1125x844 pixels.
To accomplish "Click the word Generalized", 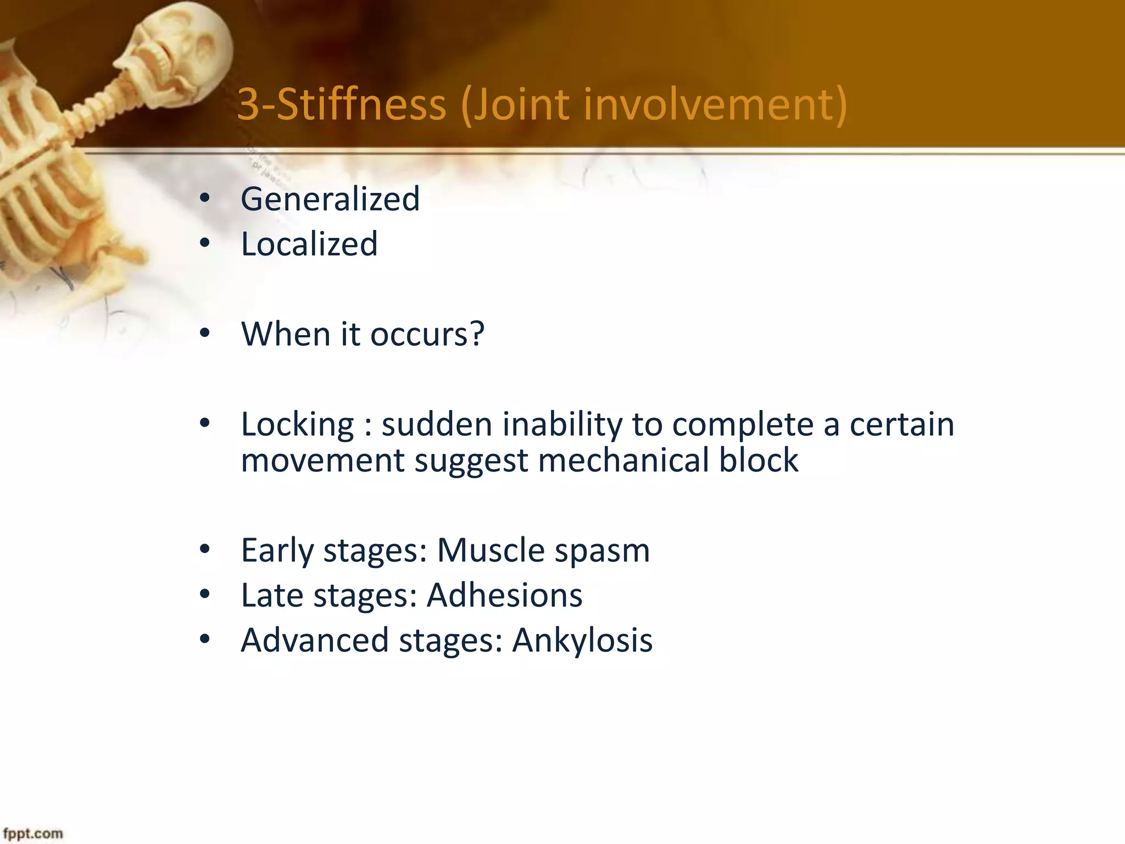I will [330, 199].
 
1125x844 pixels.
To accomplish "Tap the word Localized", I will [309, 244].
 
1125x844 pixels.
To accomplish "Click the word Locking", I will [298, 425].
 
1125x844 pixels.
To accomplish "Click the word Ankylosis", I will [582, 640].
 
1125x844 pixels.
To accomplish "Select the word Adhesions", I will [504, 595].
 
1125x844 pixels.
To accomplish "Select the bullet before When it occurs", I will [205, 333].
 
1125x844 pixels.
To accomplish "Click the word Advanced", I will [314, 640].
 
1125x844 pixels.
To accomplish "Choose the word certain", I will [902, 425].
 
